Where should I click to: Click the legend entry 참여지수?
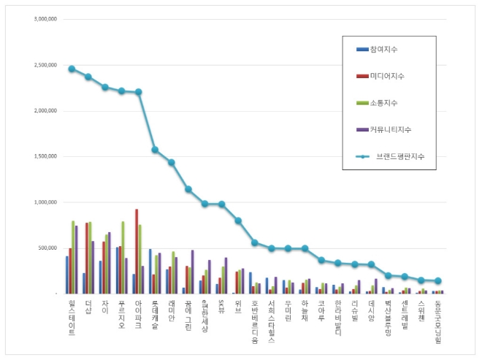387,49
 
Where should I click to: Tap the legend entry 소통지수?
387,103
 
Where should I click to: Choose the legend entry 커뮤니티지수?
394,129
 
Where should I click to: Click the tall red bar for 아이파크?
137,251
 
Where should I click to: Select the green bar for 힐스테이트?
73,257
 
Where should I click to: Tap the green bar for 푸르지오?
123,257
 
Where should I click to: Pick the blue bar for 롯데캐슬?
150,271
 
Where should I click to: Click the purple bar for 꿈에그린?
193,272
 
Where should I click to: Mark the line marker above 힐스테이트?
72,69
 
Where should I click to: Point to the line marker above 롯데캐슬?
155,150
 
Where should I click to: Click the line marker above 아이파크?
139,92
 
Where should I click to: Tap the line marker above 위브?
238,221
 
